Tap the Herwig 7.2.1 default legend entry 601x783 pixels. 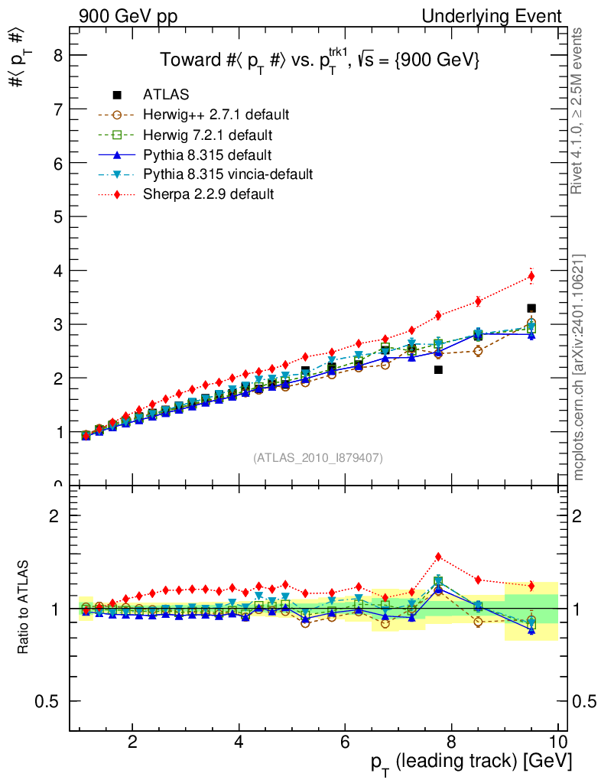pos(207,135)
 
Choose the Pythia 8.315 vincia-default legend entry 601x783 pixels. pos(228,174)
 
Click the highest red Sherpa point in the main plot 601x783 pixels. pos(531,276)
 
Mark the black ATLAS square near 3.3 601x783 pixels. pos(531,308)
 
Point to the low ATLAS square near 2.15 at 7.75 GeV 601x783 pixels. pos(438,369)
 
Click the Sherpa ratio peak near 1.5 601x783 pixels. pos(438,557)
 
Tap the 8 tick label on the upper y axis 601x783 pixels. pos(56,55)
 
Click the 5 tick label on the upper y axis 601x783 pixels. pos(56,216)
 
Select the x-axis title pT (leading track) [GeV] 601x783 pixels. pos(472,762)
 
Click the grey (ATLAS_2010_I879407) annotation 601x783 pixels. pos(318,458)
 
